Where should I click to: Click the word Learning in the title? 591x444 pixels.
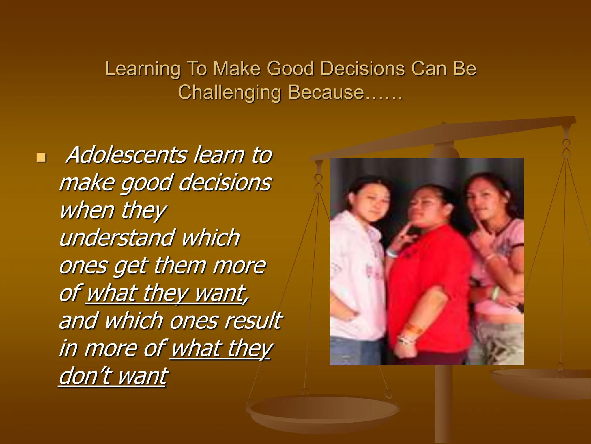(x=142, y=69)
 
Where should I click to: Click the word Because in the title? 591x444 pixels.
(x=326, y=92)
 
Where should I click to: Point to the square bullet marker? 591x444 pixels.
(x=41, y=158)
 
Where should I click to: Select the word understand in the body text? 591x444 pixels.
(x=117, y=238)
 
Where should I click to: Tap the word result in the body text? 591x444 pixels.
(x=253, y=321)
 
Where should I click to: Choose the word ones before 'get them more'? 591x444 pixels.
(x=83, y=266)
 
